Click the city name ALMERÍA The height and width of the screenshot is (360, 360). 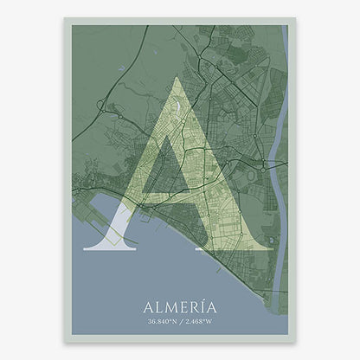click(x=180, y=306)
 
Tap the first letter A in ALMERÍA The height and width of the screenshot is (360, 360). click(x=146, y=306)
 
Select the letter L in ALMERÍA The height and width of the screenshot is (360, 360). click(x=157, y=306)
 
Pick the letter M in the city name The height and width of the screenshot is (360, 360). click(x=170, y=306)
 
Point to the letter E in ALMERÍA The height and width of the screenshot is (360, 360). click(x=184, y=306)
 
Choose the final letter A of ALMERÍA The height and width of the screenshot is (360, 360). click(x=215, y=306)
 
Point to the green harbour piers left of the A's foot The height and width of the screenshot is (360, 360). click(x=93, y=227)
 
